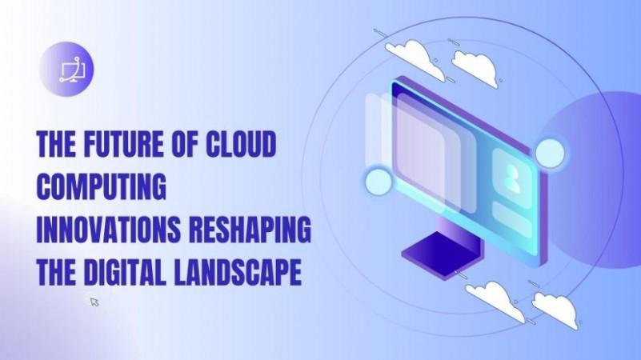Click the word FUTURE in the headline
122,144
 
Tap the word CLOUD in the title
241,144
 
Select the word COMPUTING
102,186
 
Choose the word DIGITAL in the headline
125,272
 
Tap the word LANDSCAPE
238,272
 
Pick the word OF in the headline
183,144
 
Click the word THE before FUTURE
56,144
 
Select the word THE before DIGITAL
56,272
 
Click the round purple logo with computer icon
66,70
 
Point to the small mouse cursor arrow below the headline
95,302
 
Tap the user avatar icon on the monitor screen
512,178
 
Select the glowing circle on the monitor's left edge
379,181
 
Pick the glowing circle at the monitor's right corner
550,153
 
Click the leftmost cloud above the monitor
415,58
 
